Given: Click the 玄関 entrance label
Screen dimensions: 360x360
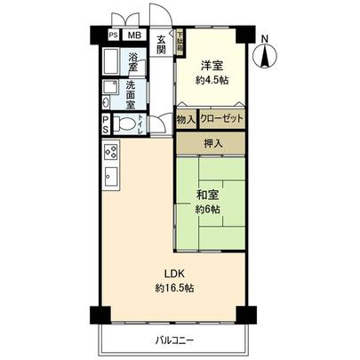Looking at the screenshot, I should click(161, 45).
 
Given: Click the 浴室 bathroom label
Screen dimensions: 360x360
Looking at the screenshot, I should click(132, 63).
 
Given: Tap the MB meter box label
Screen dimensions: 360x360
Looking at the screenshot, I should click(132, 36).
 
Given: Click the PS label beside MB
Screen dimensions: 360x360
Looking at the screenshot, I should click(113, 36).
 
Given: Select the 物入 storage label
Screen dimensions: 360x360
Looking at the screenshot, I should click(185, 117).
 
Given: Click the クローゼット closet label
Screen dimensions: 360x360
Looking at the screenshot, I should click(220, 117).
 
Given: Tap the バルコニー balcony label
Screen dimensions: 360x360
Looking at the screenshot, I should click(173, 340).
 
